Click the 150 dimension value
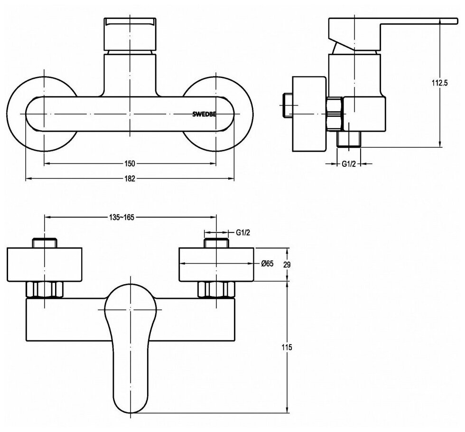pos(130,164)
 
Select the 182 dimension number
pos(130,179)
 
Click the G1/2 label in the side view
pos(349,164)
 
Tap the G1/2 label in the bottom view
pos(242,232)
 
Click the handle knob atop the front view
pos(130,36)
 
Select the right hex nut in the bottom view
pos(216,289)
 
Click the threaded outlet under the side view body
pos(349,139)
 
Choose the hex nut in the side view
pos(336,114)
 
